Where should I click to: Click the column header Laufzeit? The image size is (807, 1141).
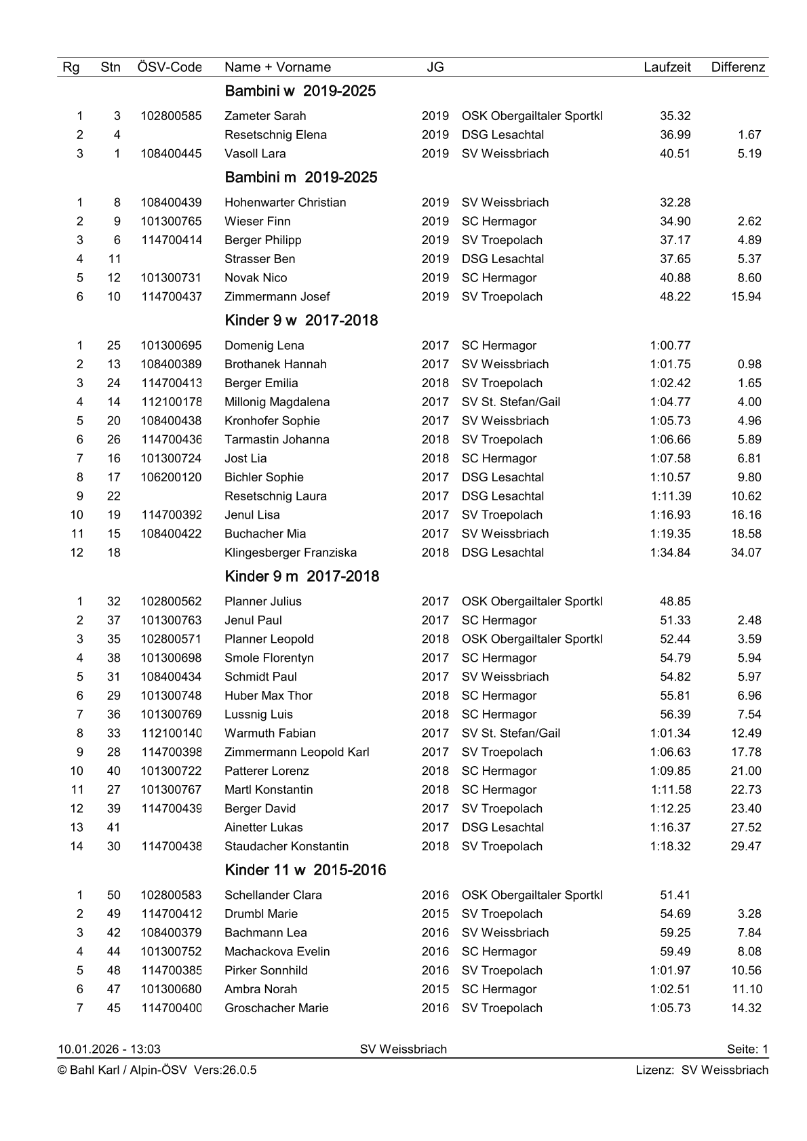[x=667, y=67]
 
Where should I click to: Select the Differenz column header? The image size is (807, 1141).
[x=738, y=67]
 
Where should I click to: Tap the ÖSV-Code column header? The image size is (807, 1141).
[x=170, y=67]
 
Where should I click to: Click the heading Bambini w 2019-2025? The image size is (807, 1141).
[x=300, y=92]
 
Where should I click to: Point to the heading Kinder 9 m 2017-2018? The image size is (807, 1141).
[x=302, y=576]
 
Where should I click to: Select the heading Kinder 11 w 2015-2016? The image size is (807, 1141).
[x=305, y=870]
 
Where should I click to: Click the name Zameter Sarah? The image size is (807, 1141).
[x=265, y=116]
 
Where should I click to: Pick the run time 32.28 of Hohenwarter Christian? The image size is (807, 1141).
[x=675, y=202]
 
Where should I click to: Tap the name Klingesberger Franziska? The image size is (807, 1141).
[x=290, y=553]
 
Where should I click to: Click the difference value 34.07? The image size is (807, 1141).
[x=746, y=553]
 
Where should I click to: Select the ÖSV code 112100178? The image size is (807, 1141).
[x=171, y=402]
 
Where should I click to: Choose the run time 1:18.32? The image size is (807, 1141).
[x=670, y=846]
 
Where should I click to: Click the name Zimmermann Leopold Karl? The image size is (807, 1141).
[x=296, y=752]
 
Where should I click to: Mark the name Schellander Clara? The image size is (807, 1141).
[x=273, y=895]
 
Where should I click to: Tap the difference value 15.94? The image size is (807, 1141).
[x=746, y=296]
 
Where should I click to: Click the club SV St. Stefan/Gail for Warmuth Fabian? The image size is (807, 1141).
[x=511, y=733]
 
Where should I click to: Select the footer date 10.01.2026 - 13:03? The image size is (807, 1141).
[x=109, y=1049]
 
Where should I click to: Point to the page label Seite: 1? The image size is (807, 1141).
[x=747, y=1049]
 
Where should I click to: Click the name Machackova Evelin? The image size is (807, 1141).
[x=277, y=951]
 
